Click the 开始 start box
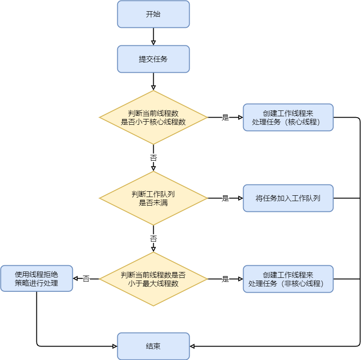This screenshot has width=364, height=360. [x=153, y=14]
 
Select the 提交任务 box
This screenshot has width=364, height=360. [x=153, y=59]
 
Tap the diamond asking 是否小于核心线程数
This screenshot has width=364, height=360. [x=153, y=118]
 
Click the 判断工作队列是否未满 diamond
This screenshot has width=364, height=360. [x=153, y=198]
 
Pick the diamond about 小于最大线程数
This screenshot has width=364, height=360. [x=153, y=279]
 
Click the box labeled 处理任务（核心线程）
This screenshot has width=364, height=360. [x=288, y=118]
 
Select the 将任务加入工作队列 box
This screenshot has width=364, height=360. [x=288, y=198]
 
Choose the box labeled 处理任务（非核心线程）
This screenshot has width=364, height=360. [x=288, y=279]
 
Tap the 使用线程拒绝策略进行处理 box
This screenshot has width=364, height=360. [x=36, y=278]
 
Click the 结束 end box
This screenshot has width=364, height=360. [x=153, y=346]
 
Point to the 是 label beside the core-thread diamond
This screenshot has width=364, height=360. [x=225, y=118]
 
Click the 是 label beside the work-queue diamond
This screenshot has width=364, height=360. [x=225, y=198]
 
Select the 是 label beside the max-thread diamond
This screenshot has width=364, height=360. [x=225, y=279]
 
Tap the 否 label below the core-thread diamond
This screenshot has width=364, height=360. [x=153, y=158]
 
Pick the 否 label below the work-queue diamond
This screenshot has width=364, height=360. [x=153, y=238]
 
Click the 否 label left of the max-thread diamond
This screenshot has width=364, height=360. [x=86, y=279]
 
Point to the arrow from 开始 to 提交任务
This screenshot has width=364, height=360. [x=153, y=36]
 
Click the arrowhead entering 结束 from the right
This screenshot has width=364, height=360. [x=192, y=346]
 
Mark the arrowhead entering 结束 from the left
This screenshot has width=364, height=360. [x=115, y=346]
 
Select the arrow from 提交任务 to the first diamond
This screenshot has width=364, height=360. [x=153, y=81]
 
